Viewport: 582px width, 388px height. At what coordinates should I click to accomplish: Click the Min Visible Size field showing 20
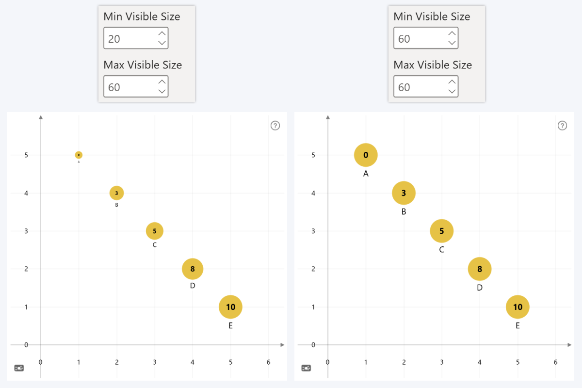point(130,39)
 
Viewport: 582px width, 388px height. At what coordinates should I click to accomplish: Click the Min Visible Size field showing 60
point(420,39)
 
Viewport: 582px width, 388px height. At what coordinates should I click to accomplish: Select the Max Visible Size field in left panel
point(130,87)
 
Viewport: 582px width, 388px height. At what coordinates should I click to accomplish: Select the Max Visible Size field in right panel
point(420,87)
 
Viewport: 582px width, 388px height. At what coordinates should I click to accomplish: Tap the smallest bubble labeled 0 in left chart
point(79,155)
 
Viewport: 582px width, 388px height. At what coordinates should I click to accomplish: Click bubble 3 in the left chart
point(116,193)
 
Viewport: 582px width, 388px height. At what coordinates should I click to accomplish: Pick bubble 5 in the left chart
point(155,231)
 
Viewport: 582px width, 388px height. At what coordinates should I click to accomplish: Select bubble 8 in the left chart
point(193,269)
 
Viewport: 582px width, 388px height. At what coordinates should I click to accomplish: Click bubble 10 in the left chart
point(230,307)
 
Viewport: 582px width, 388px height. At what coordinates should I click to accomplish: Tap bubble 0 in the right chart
point(366,155)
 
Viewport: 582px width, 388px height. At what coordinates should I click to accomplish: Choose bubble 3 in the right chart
point(404,193)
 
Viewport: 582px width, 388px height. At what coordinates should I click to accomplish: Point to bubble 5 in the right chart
point(441,231)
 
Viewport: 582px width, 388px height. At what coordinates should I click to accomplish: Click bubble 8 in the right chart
point(480,269)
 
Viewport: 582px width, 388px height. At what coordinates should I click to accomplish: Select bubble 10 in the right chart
point(517,307)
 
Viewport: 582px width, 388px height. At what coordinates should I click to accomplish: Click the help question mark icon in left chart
point(275,126)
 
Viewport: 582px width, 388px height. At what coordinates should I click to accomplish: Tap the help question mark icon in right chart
point(562,126)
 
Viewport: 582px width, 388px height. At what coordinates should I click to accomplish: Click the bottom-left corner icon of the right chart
point(306,368)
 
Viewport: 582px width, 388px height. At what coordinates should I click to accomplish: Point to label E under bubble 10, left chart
point(230,325)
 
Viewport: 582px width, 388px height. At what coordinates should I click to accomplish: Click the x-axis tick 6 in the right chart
point(555,362)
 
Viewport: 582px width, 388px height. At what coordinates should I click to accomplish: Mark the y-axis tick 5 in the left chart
point(27,155)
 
